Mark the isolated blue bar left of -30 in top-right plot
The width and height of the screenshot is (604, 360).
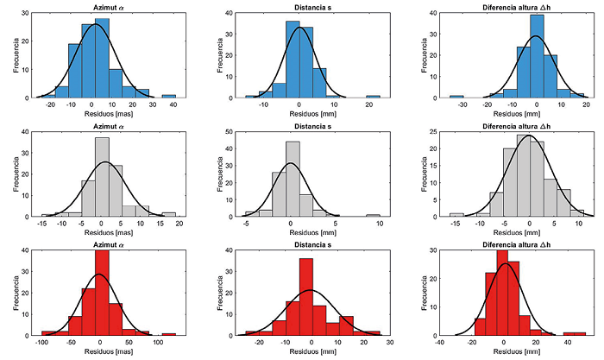pyautogui.click(x=456, y=96)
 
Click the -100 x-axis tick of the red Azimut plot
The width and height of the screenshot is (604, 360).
pyautogui.click(x=41, y=343)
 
